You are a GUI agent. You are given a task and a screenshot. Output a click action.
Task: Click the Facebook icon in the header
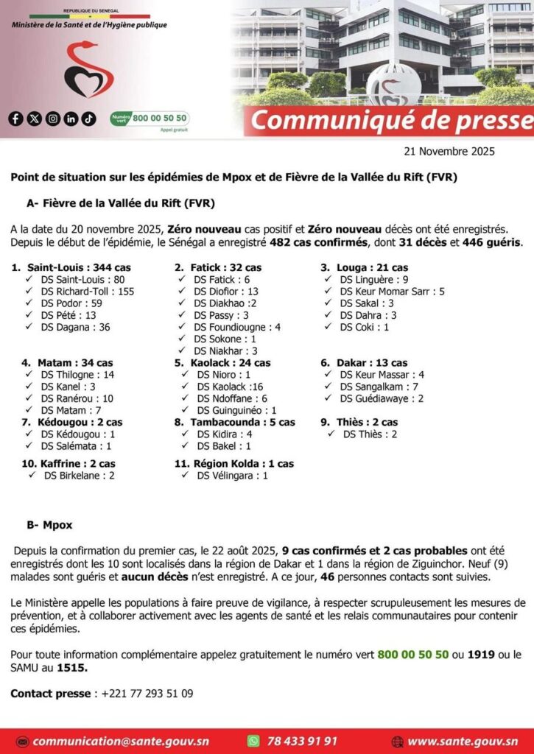[x=16, y=119]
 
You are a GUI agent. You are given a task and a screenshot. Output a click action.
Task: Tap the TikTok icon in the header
[x=89, y=119]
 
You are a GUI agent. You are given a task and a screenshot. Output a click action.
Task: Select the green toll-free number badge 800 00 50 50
[x=150, y=118]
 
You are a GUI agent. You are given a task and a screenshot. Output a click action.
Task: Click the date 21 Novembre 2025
[x=449, y=152]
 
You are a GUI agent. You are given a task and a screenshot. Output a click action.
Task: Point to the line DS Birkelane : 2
[x=79, y=476]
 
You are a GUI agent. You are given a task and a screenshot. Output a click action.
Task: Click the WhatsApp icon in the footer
[x=253, y=741]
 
